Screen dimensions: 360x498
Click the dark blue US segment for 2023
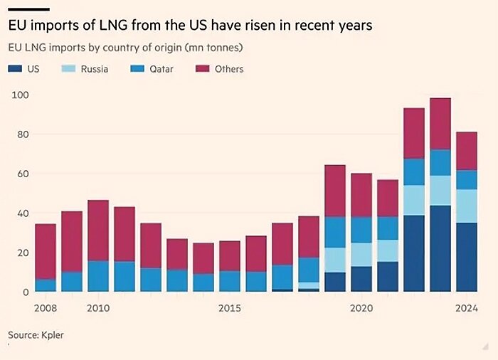coord(440,248)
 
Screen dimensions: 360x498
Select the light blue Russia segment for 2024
coord(467,206)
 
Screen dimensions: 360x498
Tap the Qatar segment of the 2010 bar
coord(98,276)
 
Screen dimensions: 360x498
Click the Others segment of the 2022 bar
coord(414,133)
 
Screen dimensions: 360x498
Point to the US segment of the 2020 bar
coord(361,279)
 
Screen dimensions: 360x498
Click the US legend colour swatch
coord(14,69)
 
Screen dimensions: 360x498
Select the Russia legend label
coord(93,69)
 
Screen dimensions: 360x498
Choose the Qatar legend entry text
coord(161,69)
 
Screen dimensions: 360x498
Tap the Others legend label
coord(229,69)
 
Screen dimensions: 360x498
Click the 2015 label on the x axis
coord(230,308)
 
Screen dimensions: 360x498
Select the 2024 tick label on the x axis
coord(467,308)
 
